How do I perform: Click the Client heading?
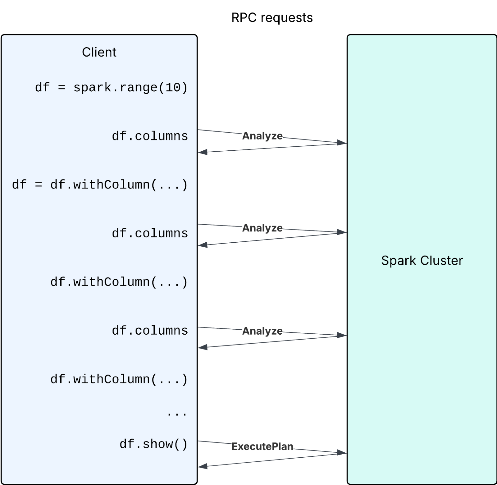[99, 52]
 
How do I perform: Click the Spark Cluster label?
[422, 260]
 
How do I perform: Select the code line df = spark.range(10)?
[111, 88]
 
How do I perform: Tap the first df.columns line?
[150, 136]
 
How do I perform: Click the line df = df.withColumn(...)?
[100, 185]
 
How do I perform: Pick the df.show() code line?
[154, 444]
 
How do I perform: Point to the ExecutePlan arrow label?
[262, 446]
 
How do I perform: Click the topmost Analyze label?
[262, 136]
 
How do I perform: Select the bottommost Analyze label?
[262, 331]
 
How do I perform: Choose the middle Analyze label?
[262, 228]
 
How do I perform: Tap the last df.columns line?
[150, 331]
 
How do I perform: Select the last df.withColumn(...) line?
[119, 379]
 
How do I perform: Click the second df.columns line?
[150, 233]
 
